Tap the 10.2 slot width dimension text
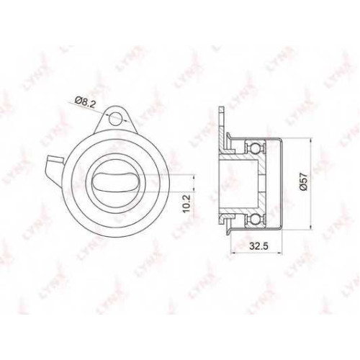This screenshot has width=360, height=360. [186, 203]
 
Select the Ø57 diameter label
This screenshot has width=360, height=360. [303, 181]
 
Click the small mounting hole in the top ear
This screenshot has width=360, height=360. [115, 119]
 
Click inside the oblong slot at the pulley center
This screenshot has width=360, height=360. [116, 182]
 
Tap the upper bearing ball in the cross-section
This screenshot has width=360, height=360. [255, 147]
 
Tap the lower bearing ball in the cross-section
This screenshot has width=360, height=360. [255, 219]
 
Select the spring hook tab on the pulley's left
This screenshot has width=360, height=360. [55, 168]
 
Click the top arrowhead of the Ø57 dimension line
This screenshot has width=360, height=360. [311, 140]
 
